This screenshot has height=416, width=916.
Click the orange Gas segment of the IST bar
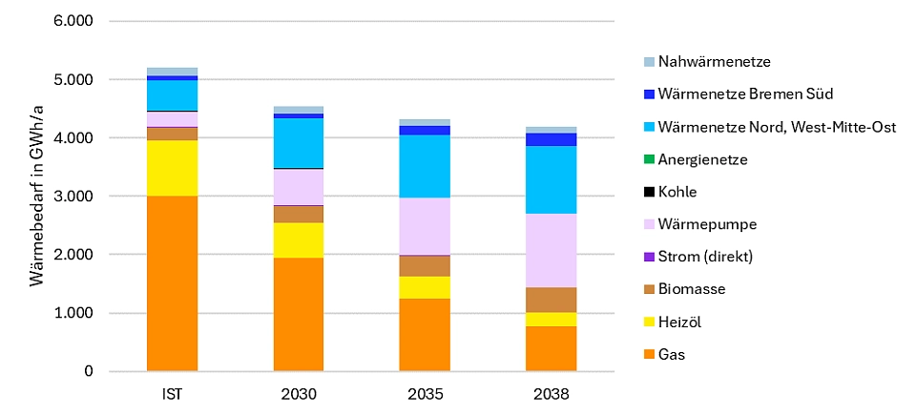pos(172,283)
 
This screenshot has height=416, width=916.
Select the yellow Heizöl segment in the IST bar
pos(172,168)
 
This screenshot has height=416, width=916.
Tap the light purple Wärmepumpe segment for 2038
pos(552,250)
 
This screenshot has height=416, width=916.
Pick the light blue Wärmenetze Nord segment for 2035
pos(425,166)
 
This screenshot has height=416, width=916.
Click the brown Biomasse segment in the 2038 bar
pos(552,300)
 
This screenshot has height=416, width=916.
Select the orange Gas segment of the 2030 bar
pos(299,314)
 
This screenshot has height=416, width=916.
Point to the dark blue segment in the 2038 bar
pos(552,139)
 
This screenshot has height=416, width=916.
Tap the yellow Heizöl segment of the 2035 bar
pos(425,287)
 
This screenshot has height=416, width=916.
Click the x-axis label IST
pos(172,393)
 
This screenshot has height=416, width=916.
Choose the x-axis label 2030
pos(299,393)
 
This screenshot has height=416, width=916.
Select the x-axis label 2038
pos(552,393)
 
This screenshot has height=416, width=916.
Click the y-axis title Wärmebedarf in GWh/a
pos(36,196)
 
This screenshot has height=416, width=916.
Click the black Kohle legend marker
pos(649,192)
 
